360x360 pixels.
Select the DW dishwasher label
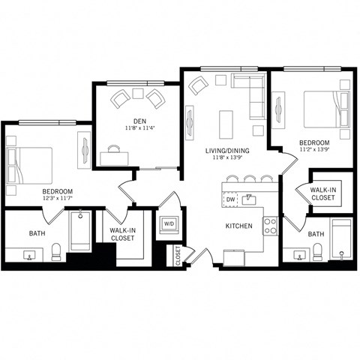point(230,200)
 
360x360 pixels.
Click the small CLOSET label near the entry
point(178,256)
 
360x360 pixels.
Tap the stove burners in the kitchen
point(270,225)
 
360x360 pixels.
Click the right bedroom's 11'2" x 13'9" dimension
point(313,150)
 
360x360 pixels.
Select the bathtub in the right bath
point(341,240)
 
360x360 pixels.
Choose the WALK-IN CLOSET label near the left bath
point(122,234)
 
